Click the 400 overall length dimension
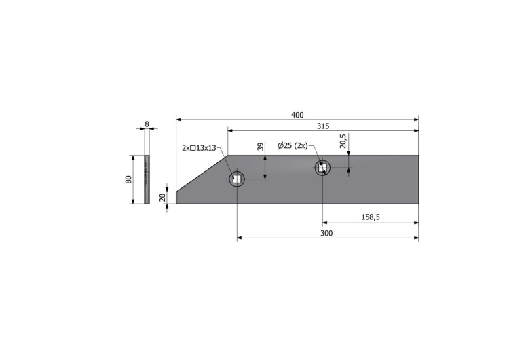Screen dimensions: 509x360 [x=297, y=115]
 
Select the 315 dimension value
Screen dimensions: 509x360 [x=323, y=126]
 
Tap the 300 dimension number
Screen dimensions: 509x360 [x=326, y=233]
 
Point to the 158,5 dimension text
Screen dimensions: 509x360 [x=371, y=217]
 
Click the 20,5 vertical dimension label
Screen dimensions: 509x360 [x=343, y=141]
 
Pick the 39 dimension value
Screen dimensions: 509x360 [x=261, y=147]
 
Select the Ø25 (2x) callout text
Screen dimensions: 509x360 [x=293, y=146]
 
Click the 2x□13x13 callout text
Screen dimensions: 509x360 [x=199, y=148]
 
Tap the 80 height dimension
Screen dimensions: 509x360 [x=128, y=179]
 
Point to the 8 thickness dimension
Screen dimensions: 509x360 [x=147, y=124]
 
